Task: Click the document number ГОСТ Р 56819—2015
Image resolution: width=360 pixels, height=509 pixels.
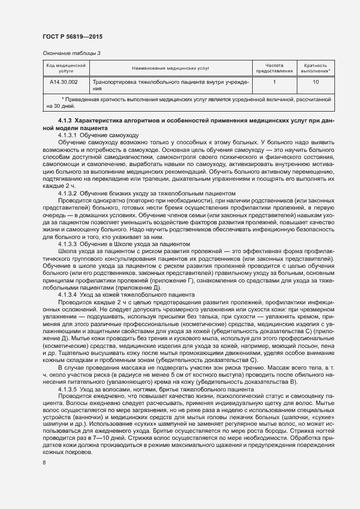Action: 72,36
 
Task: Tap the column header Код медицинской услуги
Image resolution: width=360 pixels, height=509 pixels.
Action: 66,68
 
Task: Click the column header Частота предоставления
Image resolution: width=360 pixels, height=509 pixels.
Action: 274,68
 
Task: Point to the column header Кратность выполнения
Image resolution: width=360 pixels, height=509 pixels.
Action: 315,68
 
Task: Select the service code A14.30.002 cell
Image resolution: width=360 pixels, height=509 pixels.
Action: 64,82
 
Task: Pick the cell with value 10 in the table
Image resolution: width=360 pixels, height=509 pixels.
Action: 315,82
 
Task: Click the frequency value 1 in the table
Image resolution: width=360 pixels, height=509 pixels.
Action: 274,82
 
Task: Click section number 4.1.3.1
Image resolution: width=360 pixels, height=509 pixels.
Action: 68,134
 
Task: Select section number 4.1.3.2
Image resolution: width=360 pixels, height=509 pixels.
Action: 68,193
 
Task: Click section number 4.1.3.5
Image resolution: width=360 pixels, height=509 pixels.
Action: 68,390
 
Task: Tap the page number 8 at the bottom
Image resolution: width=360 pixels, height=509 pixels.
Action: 44,463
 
